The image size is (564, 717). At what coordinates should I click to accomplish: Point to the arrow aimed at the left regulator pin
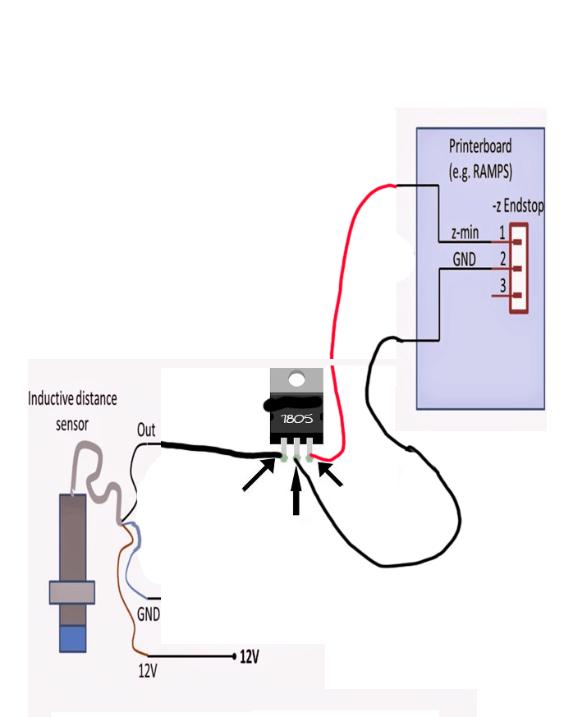259,476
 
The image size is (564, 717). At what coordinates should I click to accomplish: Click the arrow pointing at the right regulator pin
330,475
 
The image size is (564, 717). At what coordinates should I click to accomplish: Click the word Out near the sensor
146,429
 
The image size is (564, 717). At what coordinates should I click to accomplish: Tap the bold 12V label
250,656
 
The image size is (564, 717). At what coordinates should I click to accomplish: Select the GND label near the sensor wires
149,614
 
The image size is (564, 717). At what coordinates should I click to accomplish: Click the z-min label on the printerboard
465,234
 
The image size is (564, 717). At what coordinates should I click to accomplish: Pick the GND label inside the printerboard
465,259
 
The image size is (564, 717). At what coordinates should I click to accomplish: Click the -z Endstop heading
517,205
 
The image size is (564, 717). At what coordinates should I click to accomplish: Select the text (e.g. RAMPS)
480,172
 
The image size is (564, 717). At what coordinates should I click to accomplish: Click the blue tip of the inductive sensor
73,638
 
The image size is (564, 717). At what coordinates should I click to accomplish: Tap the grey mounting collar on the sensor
72,591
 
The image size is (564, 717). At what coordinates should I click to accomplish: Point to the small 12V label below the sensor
147,670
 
